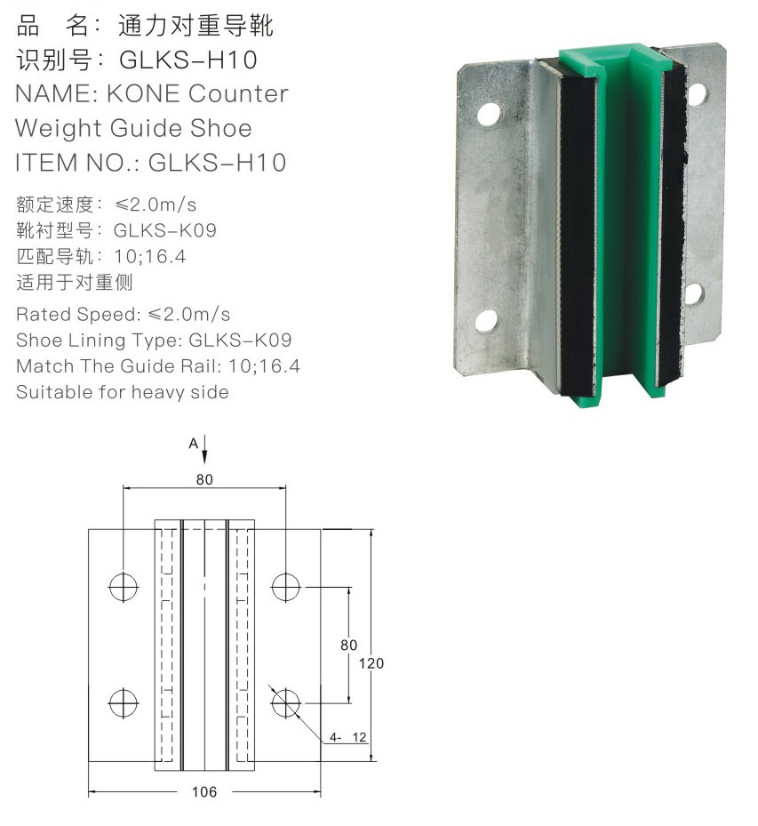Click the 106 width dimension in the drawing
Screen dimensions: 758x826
click(204, 791)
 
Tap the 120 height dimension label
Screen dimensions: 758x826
click(371, 663)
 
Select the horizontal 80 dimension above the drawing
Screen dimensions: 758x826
click(204, 479)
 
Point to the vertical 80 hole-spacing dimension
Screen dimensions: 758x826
click(348, 645)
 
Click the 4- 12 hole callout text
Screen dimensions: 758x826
click(348, 737)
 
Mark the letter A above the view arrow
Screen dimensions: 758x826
click(193, 444)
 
